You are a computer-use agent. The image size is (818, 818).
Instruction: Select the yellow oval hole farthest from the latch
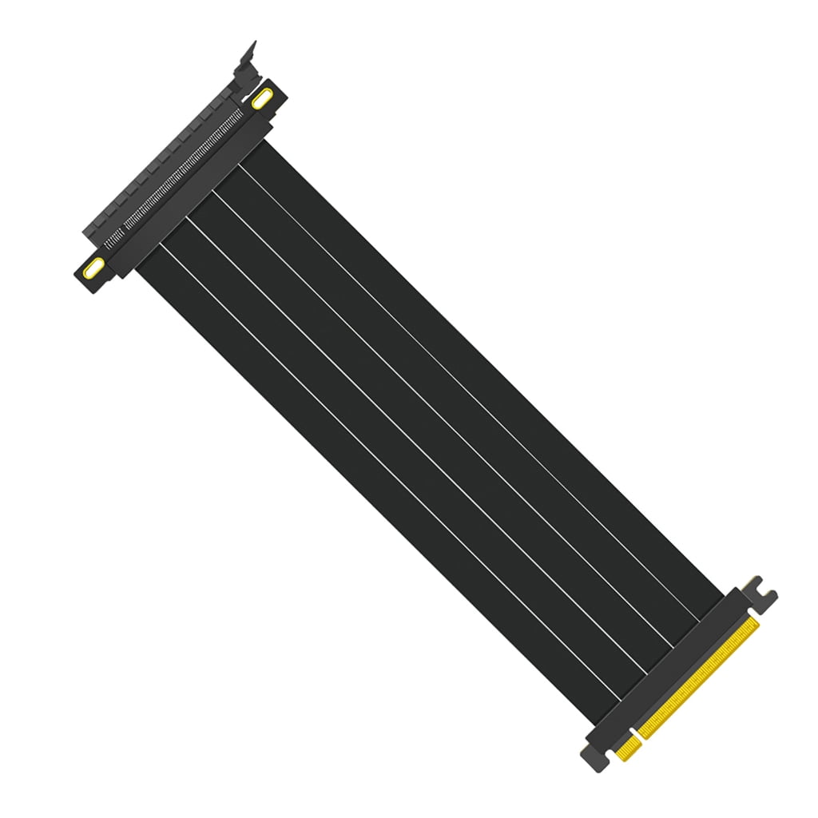coord(94,266)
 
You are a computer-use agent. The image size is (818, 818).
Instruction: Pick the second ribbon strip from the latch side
coord(451,395)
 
